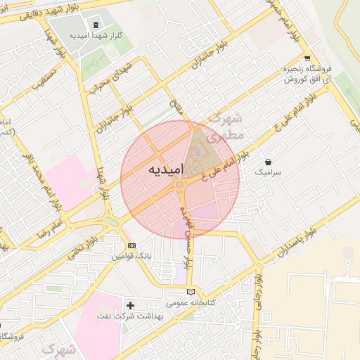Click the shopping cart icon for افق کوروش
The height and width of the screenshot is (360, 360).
tap(307, 58)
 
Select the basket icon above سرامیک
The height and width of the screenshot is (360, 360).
tap(268, 162)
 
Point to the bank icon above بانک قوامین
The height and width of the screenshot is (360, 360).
tap(131, 245)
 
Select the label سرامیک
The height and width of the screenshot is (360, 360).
tap(267, 172)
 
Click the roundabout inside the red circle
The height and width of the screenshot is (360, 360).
tap(181, 185)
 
